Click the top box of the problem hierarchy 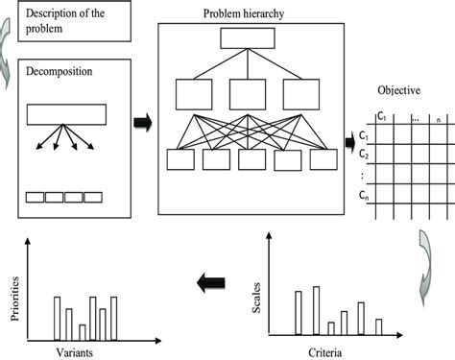tap(248, 39)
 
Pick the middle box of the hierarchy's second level tap(248, 93)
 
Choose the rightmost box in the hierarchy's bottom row tap(315, 159)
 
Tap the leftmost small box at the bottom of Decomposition tap(35, 197)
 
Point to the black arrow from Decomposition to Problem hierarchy tap(140, 123)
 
